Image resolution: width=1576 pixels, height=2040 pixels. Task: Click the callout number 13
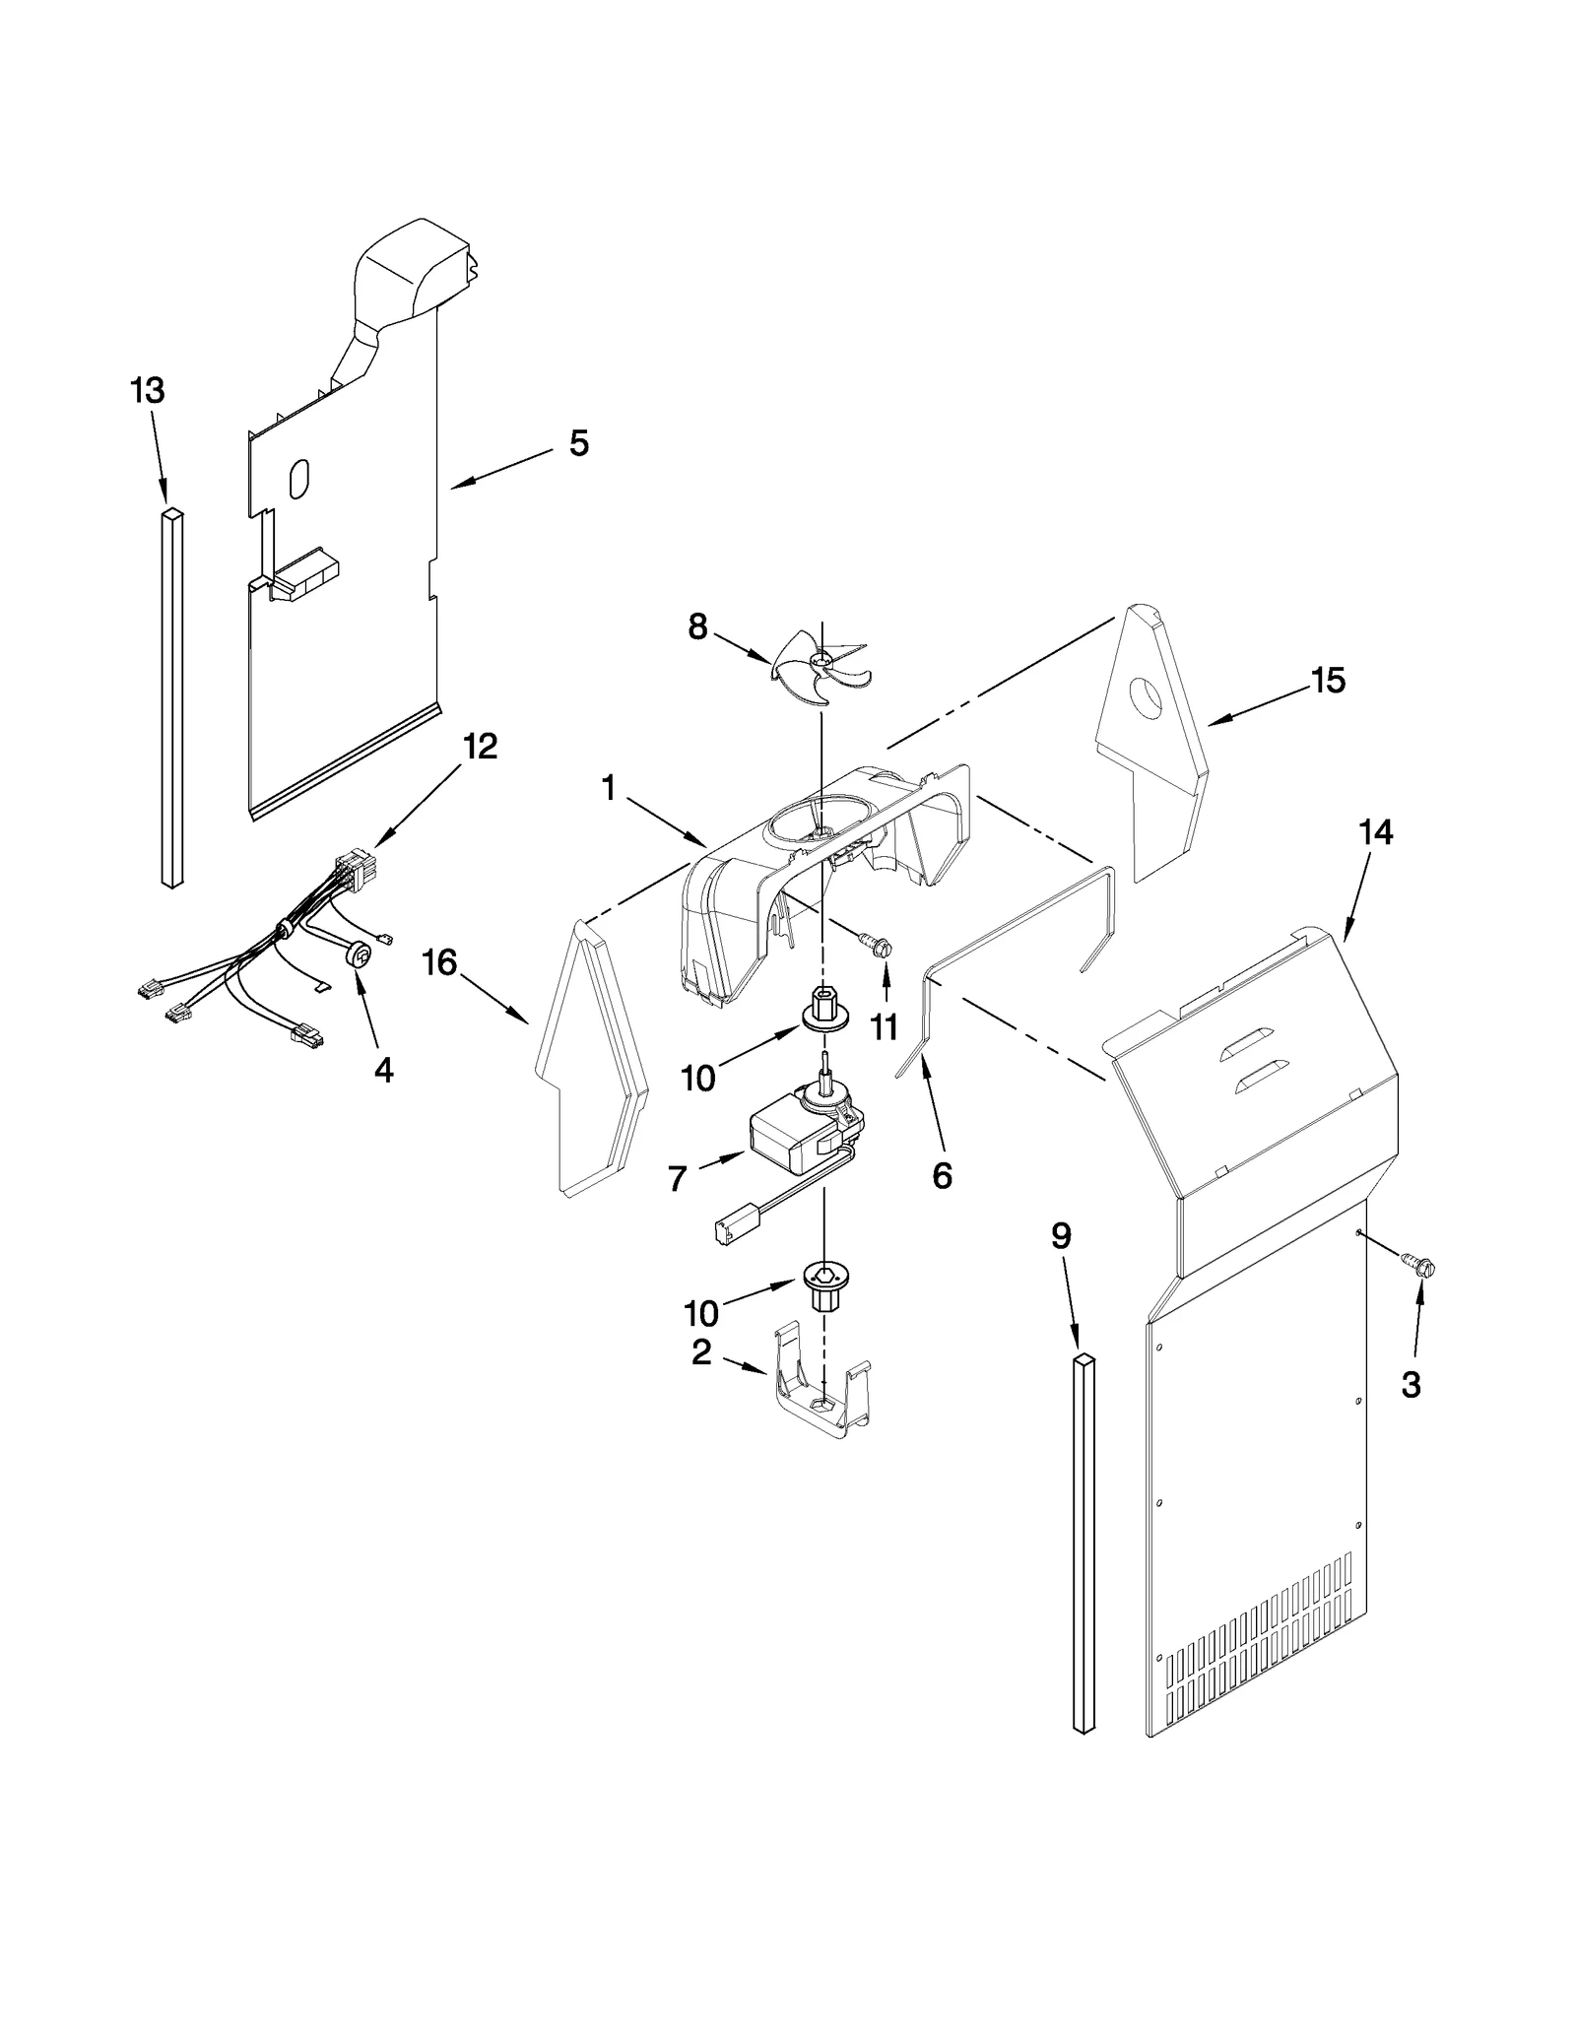tap(148, 391)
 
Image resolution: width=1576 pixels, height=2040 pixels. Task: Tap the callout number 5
tap(579, 443)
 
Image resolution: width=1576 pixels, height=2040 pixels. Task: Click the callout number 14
tap(1376, 833)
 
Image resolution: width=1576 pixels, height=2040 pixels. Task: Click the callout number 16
tap(439, 962)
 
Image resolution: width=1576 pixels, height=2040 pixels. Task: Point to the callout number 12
tap(480, 747)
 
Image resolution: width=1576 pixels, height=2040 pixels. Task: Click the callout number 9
tap(1061, 1236)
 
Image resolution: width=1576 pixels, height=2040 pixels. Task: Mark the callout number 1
tap(608, 788)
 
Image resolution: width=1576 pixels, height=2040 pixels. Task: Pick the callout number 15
tap(1328, 681)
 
